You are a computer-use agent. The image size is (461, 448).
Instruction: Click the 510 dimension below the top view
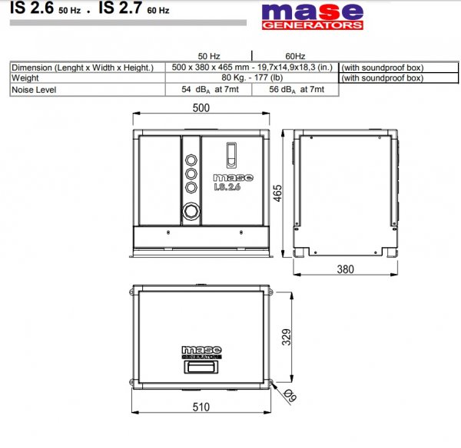202,408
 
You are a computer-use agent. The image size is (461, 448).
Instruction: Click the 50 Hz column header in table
209,56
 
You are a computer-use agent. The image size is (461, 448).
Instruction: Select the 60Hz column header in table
295,56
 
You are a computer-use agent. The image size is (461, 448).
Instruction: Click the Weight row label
25,78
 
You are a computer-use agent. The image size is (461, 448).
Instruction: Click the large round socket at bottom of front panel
191,210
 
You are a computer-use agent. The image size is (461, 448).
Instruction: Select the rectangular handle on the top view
202,367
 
